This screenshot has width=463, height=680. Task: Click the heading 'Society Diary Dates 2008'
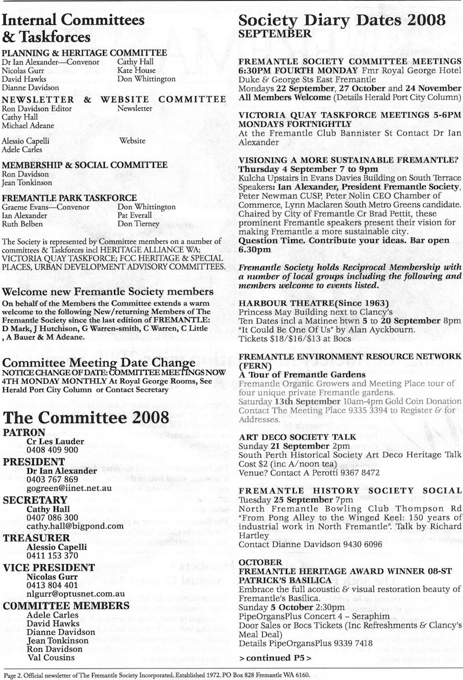[x=342, y=20]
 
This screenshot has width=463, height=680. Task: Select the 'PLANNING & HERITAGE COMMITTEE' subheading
[x=85, y=52]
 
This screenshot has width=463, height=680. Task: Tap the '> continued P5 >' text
[x=275, y=657]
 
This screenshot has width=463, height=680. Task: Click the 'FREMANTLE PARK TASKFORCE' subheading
[x=69, y=197]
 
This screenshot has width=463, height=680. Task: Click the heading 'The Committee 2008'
[x=86, y=417]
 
